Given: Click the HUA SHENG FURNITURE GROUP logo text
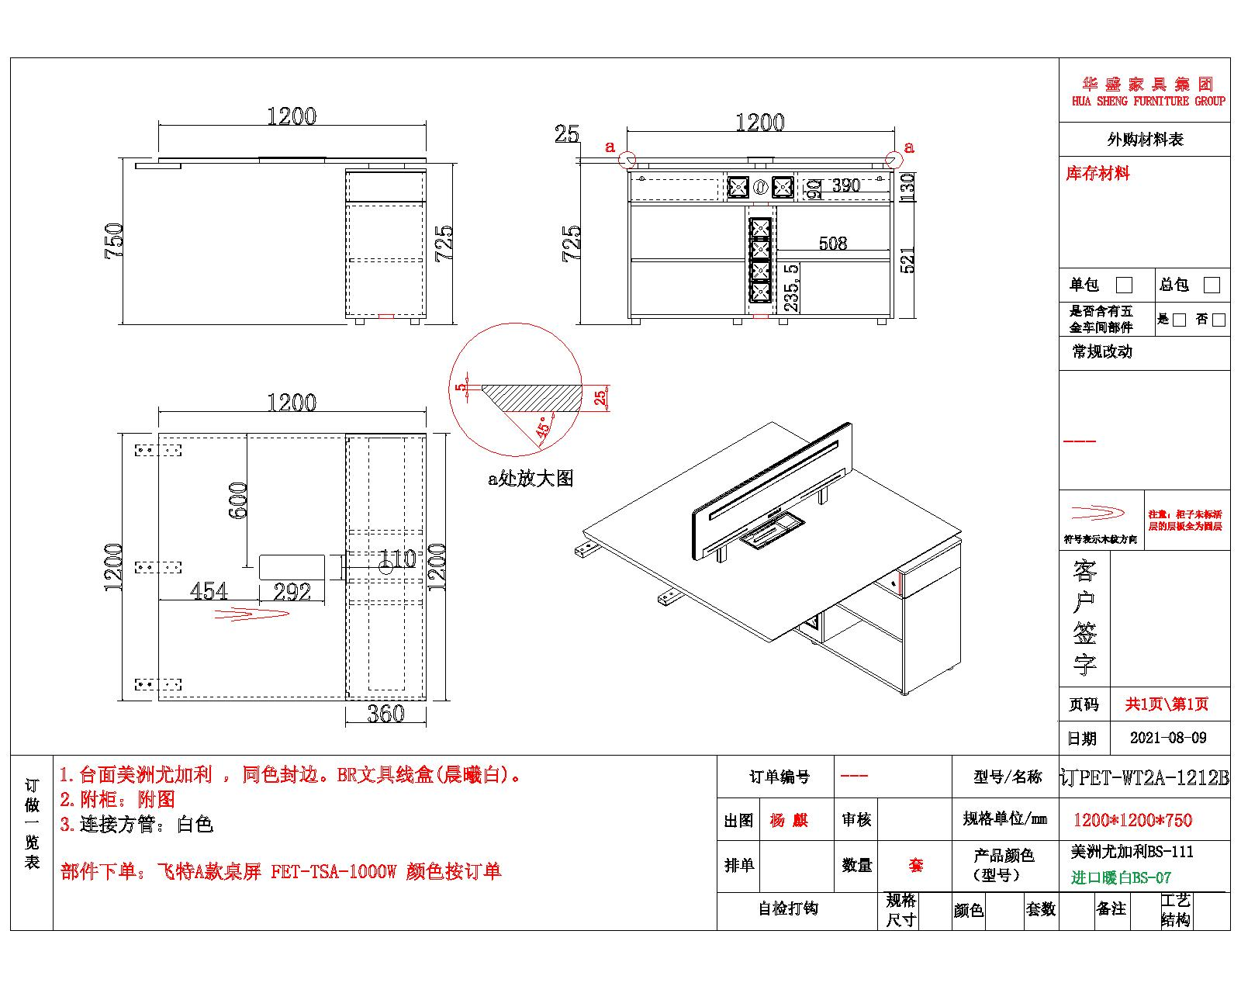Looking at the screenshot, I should coord(1148,101).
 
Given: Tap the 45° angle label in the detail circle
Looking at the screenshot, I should coord(546,427).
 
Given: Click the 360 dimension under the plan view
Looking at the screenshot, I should coord(385,714).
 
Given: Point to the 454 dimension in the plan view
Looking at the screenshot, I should coord(209,591).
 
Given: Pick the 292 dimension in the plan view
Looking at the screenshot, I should coord(292,593).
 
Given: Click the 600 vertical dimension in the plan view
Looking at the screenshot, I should coord(239,500).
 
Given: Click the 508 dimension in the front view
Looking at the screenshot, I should coord(833,244).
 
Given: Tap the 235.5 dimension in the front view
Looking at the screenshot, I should coord(792,287).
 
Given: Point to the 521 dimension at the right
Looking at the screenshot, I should coord(907,259).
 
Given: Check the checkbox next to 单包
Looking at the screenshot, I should coord(1123,285).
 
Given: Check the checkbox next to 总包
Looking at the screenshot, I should coord(1211,285).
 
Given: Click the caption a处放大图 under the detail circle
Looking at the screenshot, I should coord(531,479).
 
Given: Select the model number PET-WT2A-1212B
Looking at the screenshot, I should coord(1153,778).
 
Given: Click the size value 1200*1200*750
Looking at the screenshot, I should coord(1132,820).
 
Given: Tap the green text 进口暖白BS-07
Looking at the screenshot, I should coord(1121,878).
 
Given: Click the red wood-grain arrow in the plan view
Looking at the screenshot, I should coord(251,614).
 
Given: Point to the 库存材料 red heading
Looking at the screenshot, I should coord(1098,174).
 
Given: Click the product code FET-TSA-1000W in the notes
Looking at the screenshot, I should coord(334,871).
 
